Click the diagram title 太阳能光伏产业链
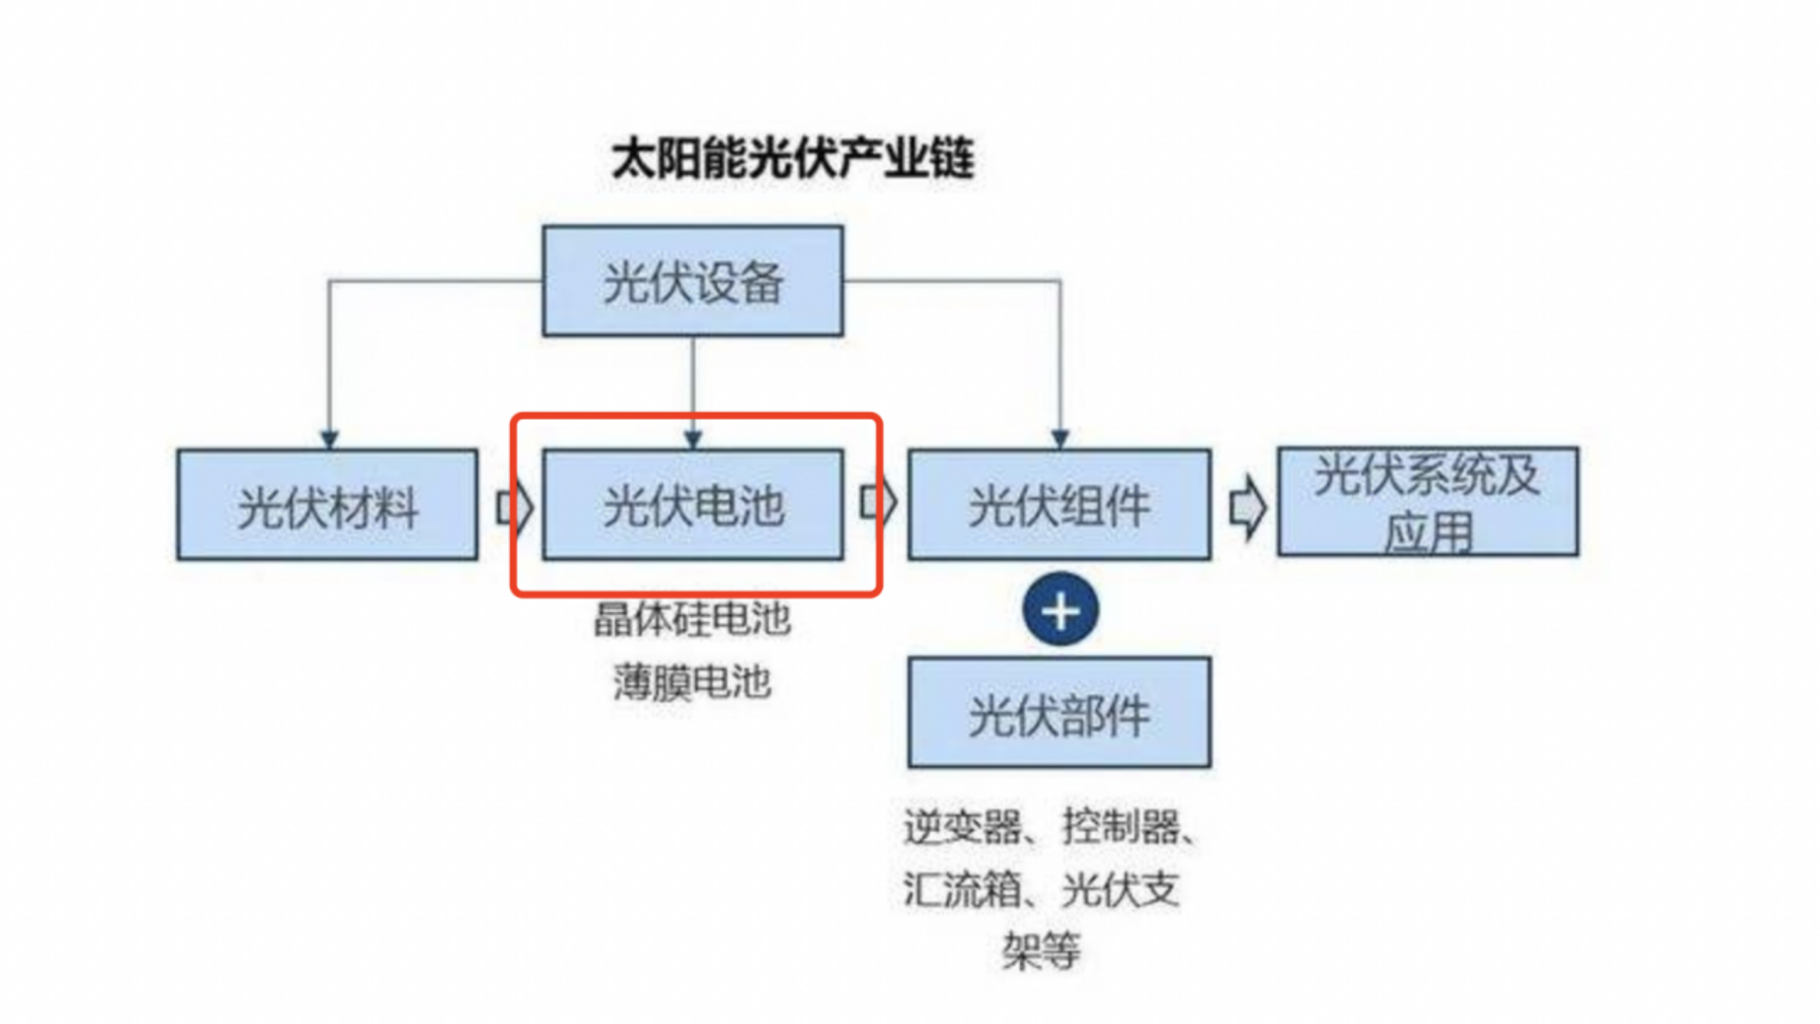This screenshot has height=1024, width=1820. click(x=793, y=158)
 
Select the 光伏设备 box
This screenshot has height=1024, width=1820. click(x=692, y=281)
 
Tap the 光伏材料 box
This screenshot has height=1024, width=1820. click(x=327, y=505)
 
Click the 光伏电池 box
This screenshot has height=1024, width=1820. click(x=692, y=505)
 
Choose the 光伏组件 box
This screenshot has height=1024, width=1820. click(x=1059, y=505)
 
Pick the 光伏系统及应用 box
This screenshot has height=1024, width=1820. click(x=1427, y=502)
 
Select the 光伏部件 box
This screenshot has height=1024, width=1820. click(x=1059, y=713)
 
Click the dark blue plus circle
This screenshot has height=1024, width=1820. click(x=1060, y=610)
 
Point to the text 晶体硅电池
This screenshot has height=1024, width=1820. click(x=692, y=619)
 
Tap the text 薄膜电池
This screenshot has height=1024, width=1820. click(x=692, y=681)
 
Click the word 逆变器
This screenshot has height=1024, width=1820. click(x=962, y=826)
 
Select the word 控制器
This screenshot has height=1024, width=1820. click(x=1121, y=826)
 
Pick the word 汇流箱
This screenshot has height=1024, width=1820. click(x=962, y=889)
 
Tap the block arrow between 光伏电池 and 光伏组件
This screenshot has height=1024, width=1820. click(x=878, y=502)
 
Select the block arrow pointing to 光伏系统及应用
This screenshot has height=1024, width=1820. click(x=1247, y=508)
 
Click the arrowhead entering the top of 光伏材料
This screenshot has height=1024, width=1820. click(x=329, y=439)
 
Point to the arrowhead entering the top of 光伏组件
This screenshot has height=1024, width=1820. click(x=1060, y=439)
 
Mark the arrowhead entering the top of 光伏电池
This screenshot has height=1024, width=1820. click(x=693, y=439)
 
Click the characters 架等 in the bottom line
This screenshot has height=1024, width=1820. click(x=1040, y=951)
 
